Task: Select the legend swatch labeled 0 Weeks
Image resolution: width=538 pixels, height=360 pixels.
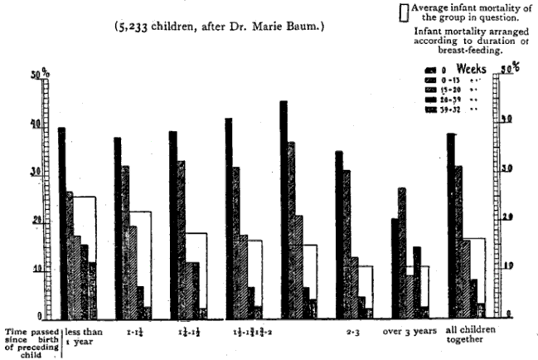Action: tap(431, 70)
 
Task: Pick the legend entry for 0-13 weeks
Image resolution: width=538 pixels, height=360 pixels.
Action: tap(431, 80)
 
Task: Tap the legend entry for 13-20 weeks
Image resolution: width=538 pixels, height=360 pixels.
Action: tap(431, 90)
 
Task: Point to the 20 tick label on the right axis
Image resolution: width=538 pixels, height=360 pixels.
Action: tap(499, 217)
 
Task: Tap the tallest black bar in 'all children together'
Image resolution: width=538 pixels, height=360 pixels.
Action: tap(451, 225)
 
